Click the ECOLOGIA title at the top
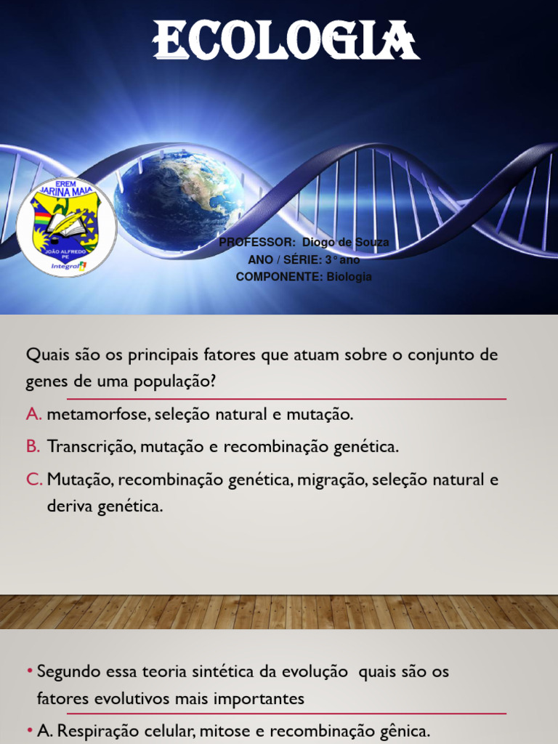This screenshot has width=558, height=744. tap(286, 41)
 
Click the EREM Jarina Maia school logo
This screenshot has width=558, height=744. tap(65, 226)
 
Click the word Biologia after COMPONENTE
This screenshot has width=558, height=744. tap(349, 277)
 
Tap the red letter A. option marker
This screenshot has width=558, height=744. tap(34, 415)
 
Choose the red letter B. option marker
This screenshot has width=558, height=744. tap(33, 447)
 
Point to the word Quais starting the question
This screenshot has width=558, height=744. tap(46, 355)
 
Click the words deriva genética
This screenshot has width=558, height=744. tap(105, 506)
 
